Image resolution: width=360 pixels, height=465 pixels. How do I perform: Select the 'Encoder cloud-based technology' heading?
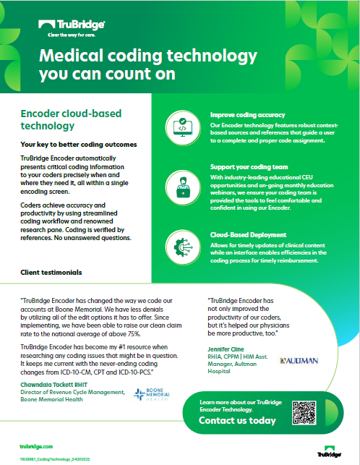pyautogui.click(x=72, y=121)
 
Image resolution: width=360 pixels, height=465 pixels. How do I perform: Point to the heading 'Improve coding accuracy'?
pyautogui.click(x=247, y=115)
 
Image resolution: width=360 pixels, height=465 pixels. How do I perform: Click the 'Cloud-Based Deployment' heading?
pyautogui.click(x=249, y=235)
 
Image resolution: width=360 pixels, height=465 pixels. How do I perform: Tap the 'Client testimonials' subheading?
pyautogui.click(x=51, y=273)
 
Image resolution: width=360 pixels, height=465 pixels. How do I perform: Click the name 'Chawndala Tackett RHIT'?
pyautogui.click(x=56, y=385)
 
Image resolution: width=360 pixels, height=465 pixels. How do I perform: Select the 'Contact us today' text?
pyautogui.click(x=236, y=420)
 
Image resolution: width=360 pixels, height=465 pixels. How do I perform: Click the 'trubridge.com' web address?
pyautogui.click(x=38, y=448)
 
